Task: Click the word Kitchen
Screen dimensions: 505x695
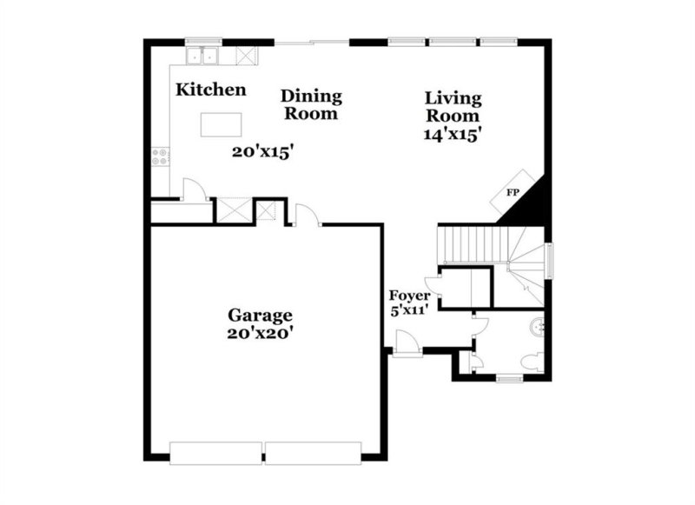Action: coord(210,90)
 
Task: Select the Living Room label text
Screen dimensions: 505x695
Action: coord(452,107)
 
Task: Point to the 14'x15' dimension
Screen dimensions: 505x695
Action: coord(452,135)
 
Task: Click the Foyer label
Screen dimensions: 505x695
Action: coord(408,296)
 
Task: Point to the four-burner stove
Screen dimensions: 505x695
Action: coord(160,156)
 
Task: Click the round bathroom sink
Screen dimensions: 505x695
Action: coord(540,328)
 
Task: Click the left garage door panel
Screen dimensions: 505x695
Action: coord(215,452)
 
